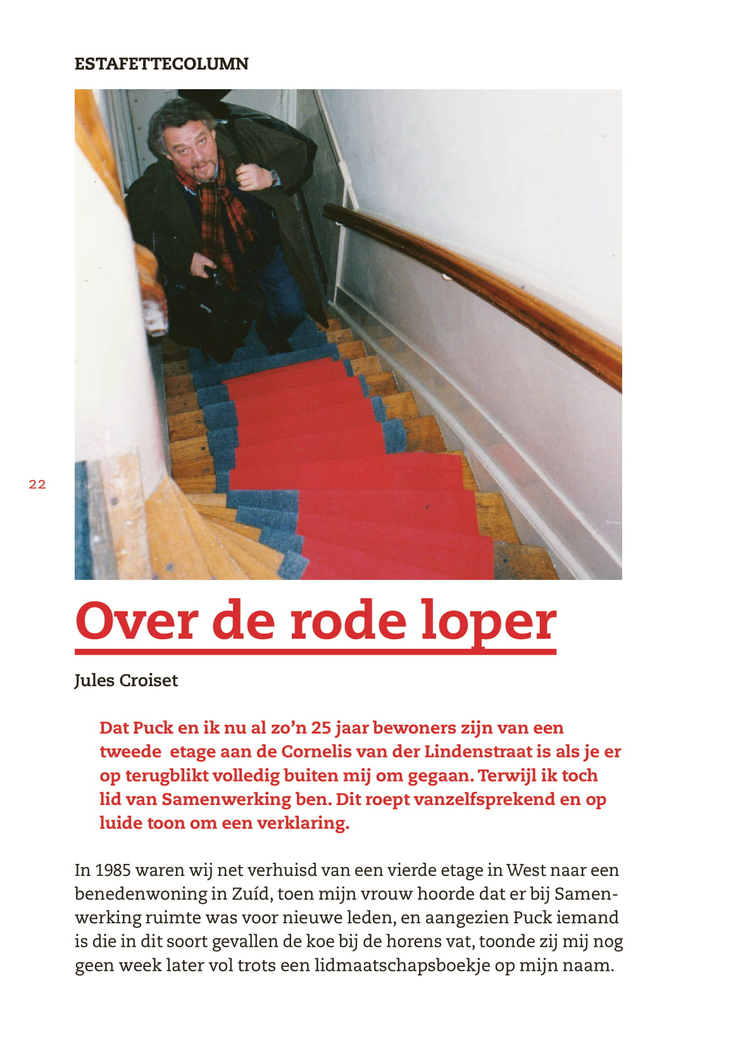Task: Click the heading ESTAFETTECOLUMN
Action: click(161, 64)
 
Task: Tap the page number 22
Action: click(37, 484)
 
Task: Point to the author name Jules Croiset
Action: click(126, 680)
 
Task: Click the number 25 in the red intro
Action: click(321, 728)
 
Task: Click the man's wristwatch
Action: click(273, 177)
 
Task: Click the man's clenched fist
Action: click(251, 177)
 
